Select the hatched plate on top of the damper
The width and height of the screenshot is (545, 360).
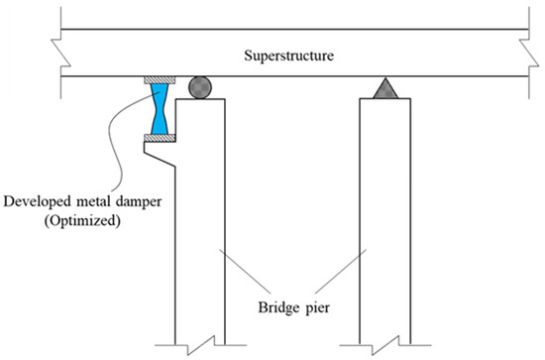[x=160, y=79]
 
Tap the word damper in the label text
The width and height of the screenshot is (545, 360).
[x=145, y=202]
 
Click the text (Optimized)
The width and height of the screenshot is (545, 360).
[x=85, y=221]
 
